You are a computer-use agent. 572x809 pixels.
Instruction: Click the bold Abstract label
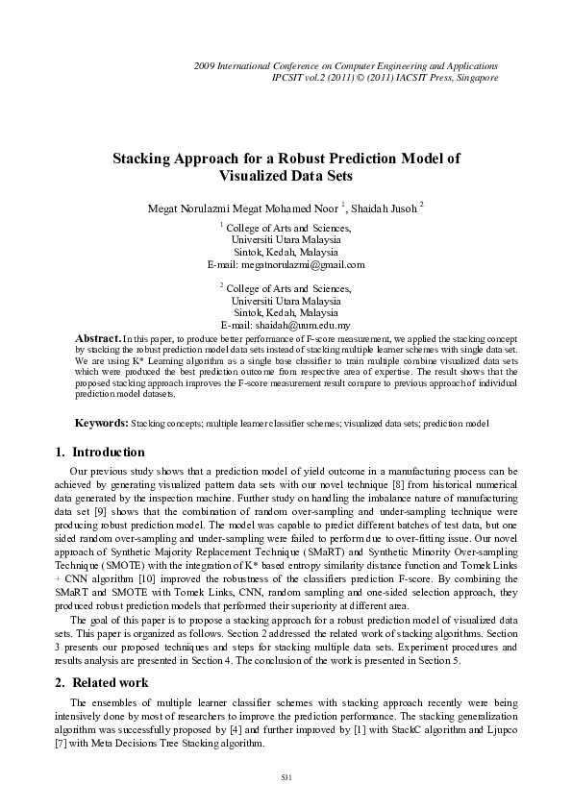97,339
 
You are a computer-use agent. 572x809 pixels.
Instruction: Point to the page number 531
286,775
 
